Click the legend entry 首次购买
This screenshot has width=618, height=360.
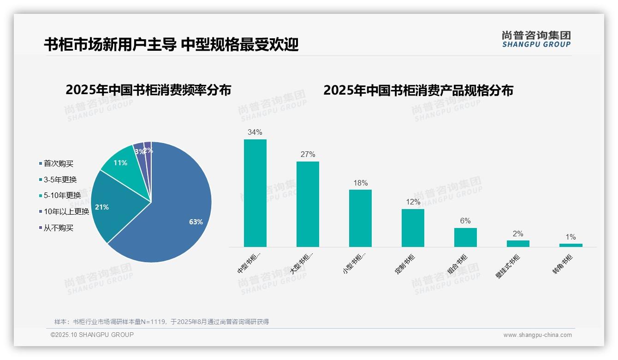click(58, 163)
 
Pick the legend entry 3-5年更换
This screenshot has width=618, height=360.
click(60, 180)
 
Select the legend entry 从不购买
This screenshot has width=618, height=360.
click(58, 228)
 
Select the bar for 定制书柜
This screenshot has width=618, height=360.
click(413, 228)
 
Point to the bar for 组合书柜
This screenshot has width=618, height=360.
click(465, 237)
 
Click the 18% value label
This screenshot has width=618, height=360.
click(360, 183)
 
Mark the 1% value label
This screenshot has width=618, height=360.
click(570, 237)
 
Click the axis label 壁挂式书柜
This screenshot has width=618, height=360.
click(508, 266)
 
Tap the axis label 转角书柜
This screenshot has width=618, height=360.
click(562, 264)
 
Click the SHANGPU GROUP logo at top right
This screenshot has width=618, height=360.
click(536, 39)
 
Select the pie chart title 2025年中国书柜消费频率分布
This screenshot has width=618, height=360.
click(149, 90)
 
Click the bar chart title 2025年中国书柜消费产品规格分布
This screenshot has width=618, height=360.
click(418, 90)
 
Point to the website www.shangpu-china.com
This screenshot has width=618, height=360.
click(537, 335)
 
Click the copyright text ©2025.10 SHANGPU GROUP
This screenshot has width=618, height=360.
click(92, 335)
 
